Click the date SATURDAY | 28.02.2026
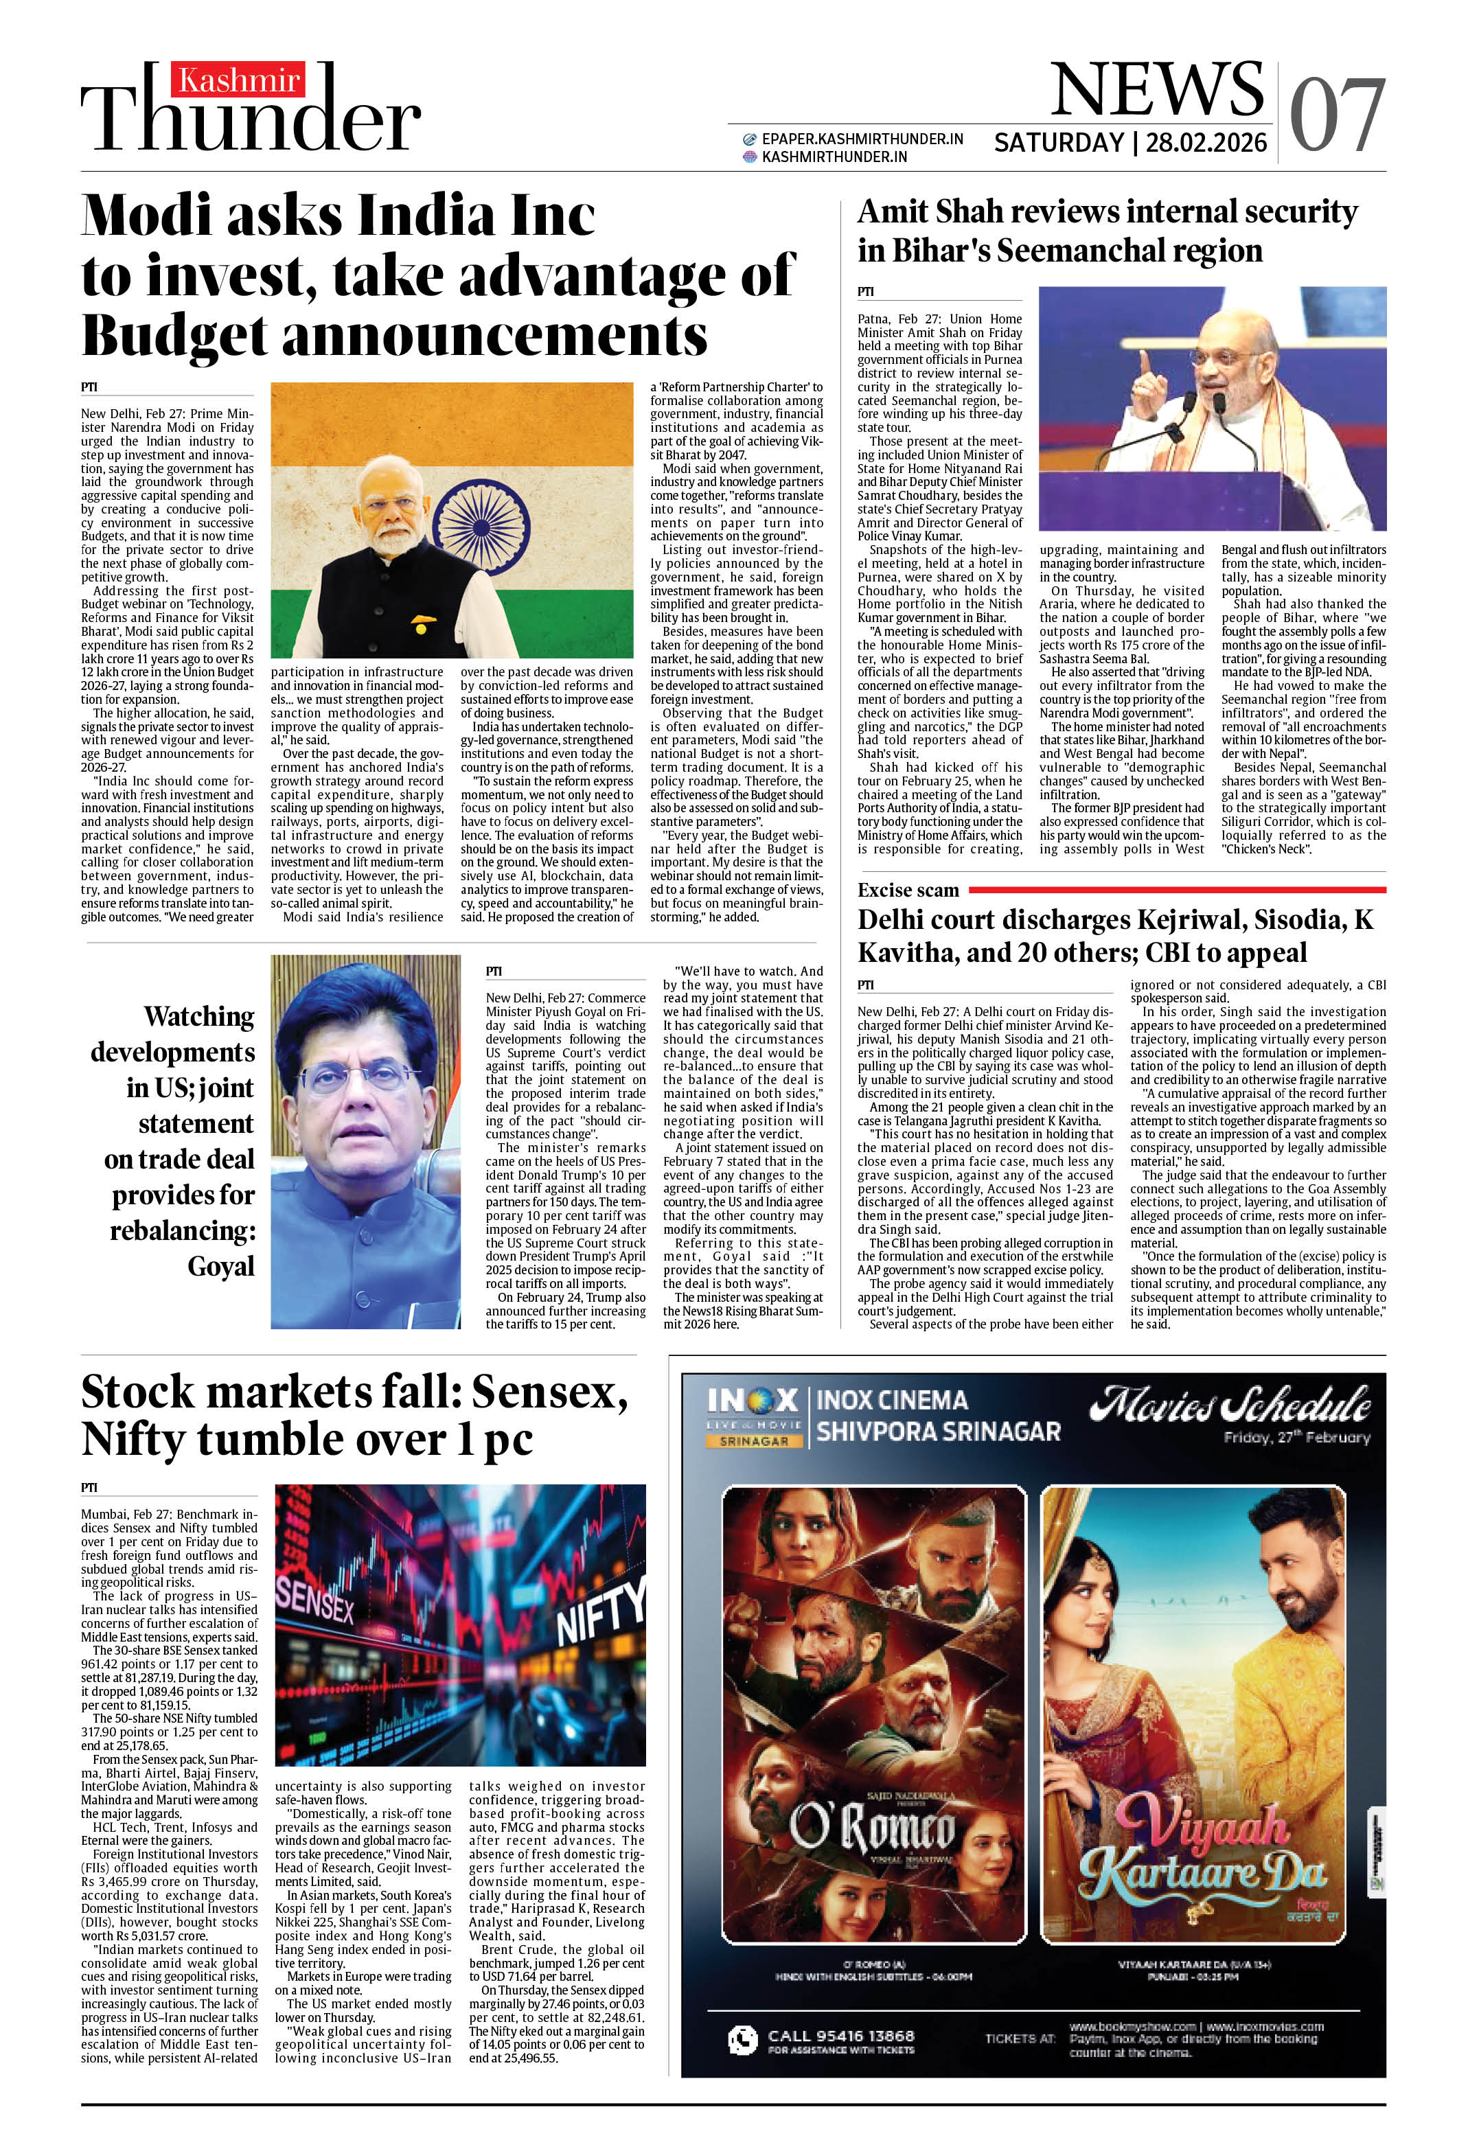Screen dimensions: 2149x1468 1129,142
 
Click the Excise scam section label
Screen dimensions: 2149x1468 908,890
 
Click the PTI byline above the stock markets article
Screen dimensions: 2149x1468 89,1487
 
